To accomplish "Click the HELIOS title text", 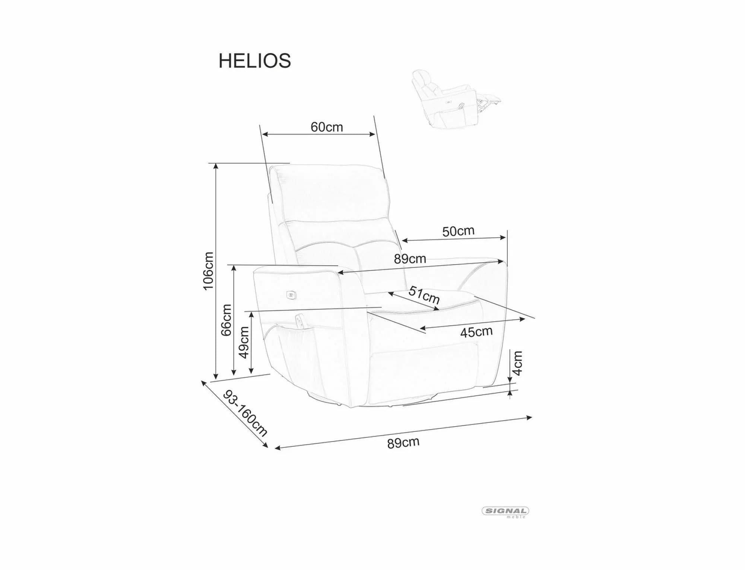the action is click(x=254, y=61).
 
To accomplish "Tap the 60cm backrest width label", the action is click(x=327, y=127).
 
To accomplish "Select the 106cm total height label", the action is click(x=208, y=270).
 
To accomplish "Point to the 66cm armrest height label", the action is click(x=226, y=320).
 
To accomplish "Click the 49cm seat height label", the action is click(x=244, y=342).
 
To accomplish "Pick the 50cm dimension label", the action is click(x=458, y=231).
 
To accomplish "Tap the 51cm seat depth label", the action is click(x=424, y=295).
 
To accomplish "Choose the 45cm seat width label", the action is click(x=476, y=332).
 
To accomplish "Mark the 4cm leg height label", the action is click(x=517, y=363).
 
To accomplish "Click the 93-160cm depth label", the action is click(x=245, y=414).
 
